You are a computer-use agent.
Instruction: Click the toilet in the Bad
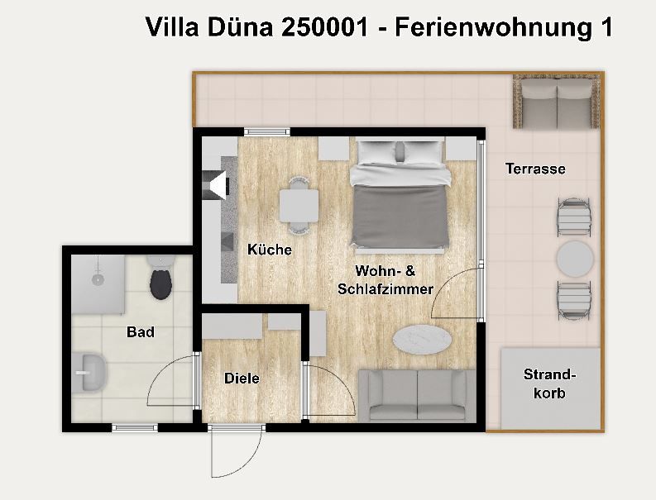(161, 278)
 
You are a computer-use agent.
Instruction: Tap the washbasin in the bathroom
(91, 372)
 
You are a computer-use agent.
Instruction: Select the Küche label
(270, 250)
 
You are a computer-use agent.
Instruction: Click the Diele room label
(242, 379)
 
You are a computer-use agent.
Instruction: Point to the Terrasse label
(535, 169)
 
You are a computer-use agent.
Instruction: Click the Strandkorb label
(550, 383)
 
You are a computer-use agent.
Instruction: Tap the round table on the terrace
(575, 259)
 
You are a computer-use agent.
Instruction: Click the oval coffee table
(422, 339)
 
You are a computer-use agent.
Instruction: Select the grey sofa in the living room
(417, 395)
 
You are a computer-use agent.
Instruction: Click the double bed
(400, 197)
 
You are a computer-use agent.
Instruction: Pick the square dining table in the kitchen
(299, 206)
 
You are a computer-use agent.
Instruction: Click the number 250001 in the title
(324, 27)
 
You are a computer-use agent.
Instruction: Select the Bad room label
(141, 332)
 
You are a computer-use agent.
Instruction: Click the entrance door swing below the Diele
(237, 451)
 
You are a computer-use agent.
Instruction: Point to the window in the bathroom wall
(135, 427)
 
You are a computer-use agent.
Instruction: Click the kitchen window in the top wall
(267, 131)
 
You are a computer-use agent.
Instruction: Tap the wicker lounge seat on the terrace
(557, 102)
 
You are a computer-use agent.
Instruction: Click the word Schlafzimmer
(385, 289)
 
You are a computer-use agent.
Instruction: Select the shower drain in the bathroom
(98, 279)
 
